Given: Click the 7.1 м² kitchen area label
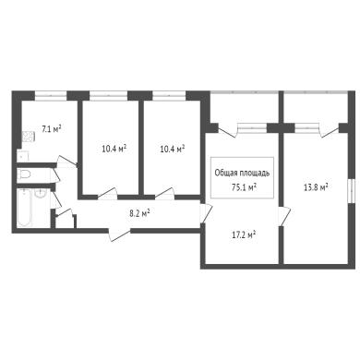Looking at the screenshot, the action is (51, 128).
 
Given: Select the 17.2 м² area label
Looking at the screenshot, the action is (244, 235).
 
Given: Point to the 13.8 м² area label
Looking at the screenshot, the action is (316, 187).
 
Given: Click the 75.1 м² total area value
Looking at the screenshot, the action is (245, 187).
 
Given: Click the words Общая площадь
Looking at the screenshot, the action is (242, 173).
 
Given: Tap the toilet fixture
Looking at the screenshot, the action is (24, 174).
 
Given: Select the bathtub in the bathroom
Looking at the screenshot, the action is (24, 208).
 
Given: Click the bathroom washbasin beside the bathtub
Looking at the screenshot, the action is (41, 193).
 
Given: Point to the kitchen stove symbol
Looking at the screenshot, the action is (28, 137).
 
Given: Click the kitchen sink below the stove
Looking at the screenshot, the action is (23, 157).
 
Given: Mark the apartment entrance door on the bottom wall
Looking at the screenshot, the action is (119, 234).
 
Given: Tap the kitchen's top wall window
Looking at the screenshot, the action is (51, 96).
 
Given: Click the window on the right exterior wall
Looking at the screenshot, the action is (351, 191).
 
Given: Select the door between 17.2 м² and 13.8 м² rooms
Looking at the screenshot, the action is (284, 217).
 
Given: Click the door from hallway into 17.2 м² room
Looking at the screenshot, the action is (206, 212).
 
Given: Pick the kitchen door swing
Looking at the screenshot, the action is (66, 162).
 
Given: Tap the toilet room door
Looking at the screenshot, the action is (56, 175).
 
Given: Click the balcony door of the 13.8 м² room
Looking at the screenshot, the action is (329, 131).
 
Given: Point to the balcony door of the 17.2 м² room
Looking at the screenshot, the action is (228, 130).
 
